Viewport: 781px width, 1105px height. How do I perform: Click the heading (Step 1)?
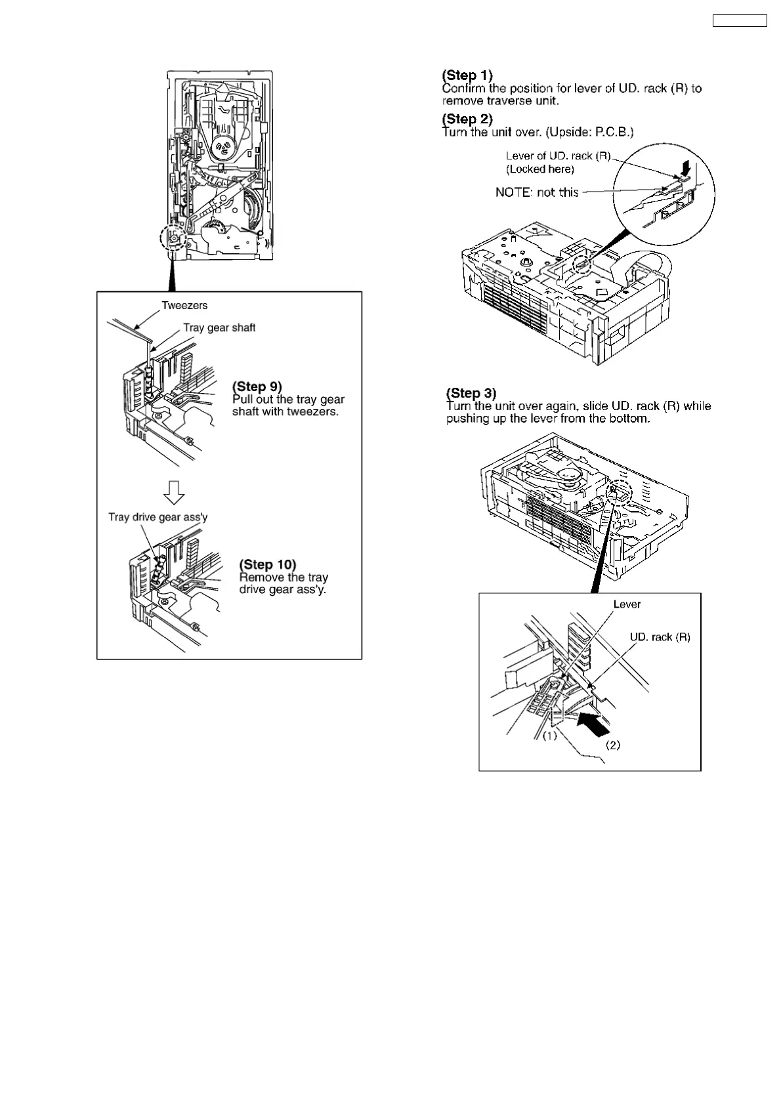point(467,75)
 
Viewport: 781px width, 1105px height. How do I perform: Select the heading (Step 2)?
point(467,119)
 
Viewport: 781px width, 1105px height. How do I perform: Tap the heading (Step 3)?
point(471,393)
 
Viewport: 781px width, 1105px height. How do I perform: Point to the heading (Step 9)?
point(257,386)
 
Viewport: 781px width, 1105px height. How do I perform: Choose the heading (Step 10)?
point(268,564)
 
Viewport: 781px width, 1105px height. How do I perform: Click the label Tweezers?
point(184,305)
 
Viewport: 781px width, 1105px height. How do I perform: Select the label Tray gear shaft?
point(219,327)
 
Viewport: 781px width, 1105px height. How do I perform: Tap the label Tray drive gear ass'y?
point(158,517)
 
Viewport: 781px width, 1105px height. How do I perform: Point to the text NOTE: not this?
point(537,192)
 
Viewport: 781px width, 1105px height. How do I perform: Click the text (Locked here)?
point(539,169)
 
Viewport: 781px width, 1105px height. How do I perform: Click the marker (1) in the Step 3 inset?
point(549,736)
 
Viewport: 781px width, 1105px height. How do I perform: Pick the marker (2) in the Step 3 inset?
point(612,745)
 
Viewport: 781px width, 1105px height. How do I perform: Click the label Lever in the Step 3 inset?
point(627,604)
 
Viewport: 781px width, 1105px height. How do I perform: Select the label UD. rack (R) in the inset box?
point(660,636)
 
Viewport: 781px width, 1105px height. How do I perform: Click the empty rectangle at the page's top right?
point(739,21)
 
